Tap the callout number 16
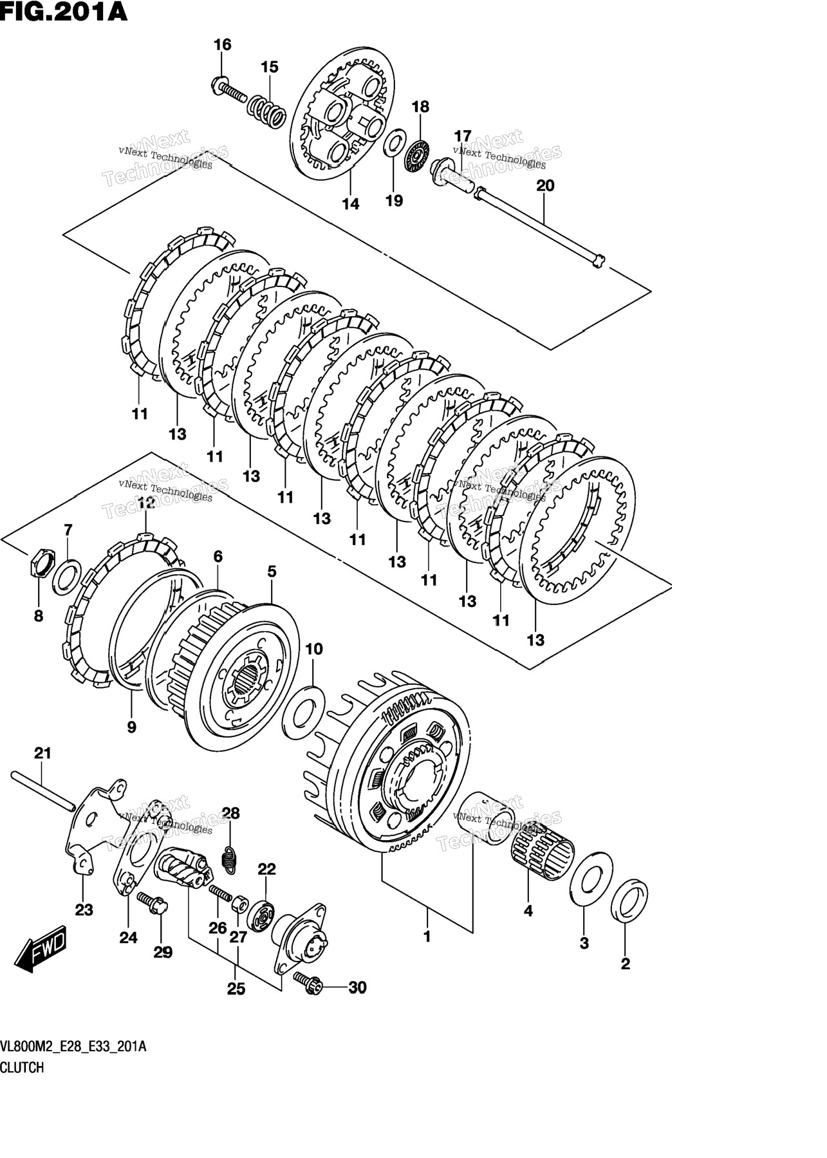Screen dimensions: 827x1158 (222, 44)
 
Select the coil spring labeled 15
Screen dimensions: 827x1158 (266, 110)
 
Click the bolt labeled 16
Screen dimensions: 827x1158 (229, 89)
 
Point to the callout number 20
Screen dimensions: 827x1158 (544, 186)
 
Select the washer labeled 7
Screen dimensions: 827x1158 (66, 575)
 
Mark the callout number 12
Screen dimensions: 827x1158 (146, 503)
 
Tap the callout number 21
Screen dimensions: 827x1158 (42, 753)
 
